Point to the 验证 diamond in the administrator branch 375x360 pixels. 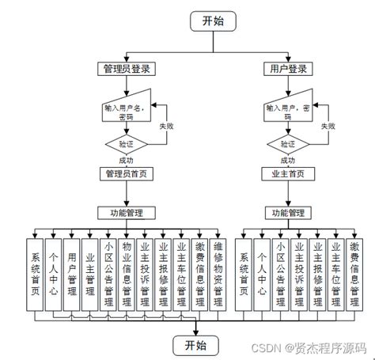124,144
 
